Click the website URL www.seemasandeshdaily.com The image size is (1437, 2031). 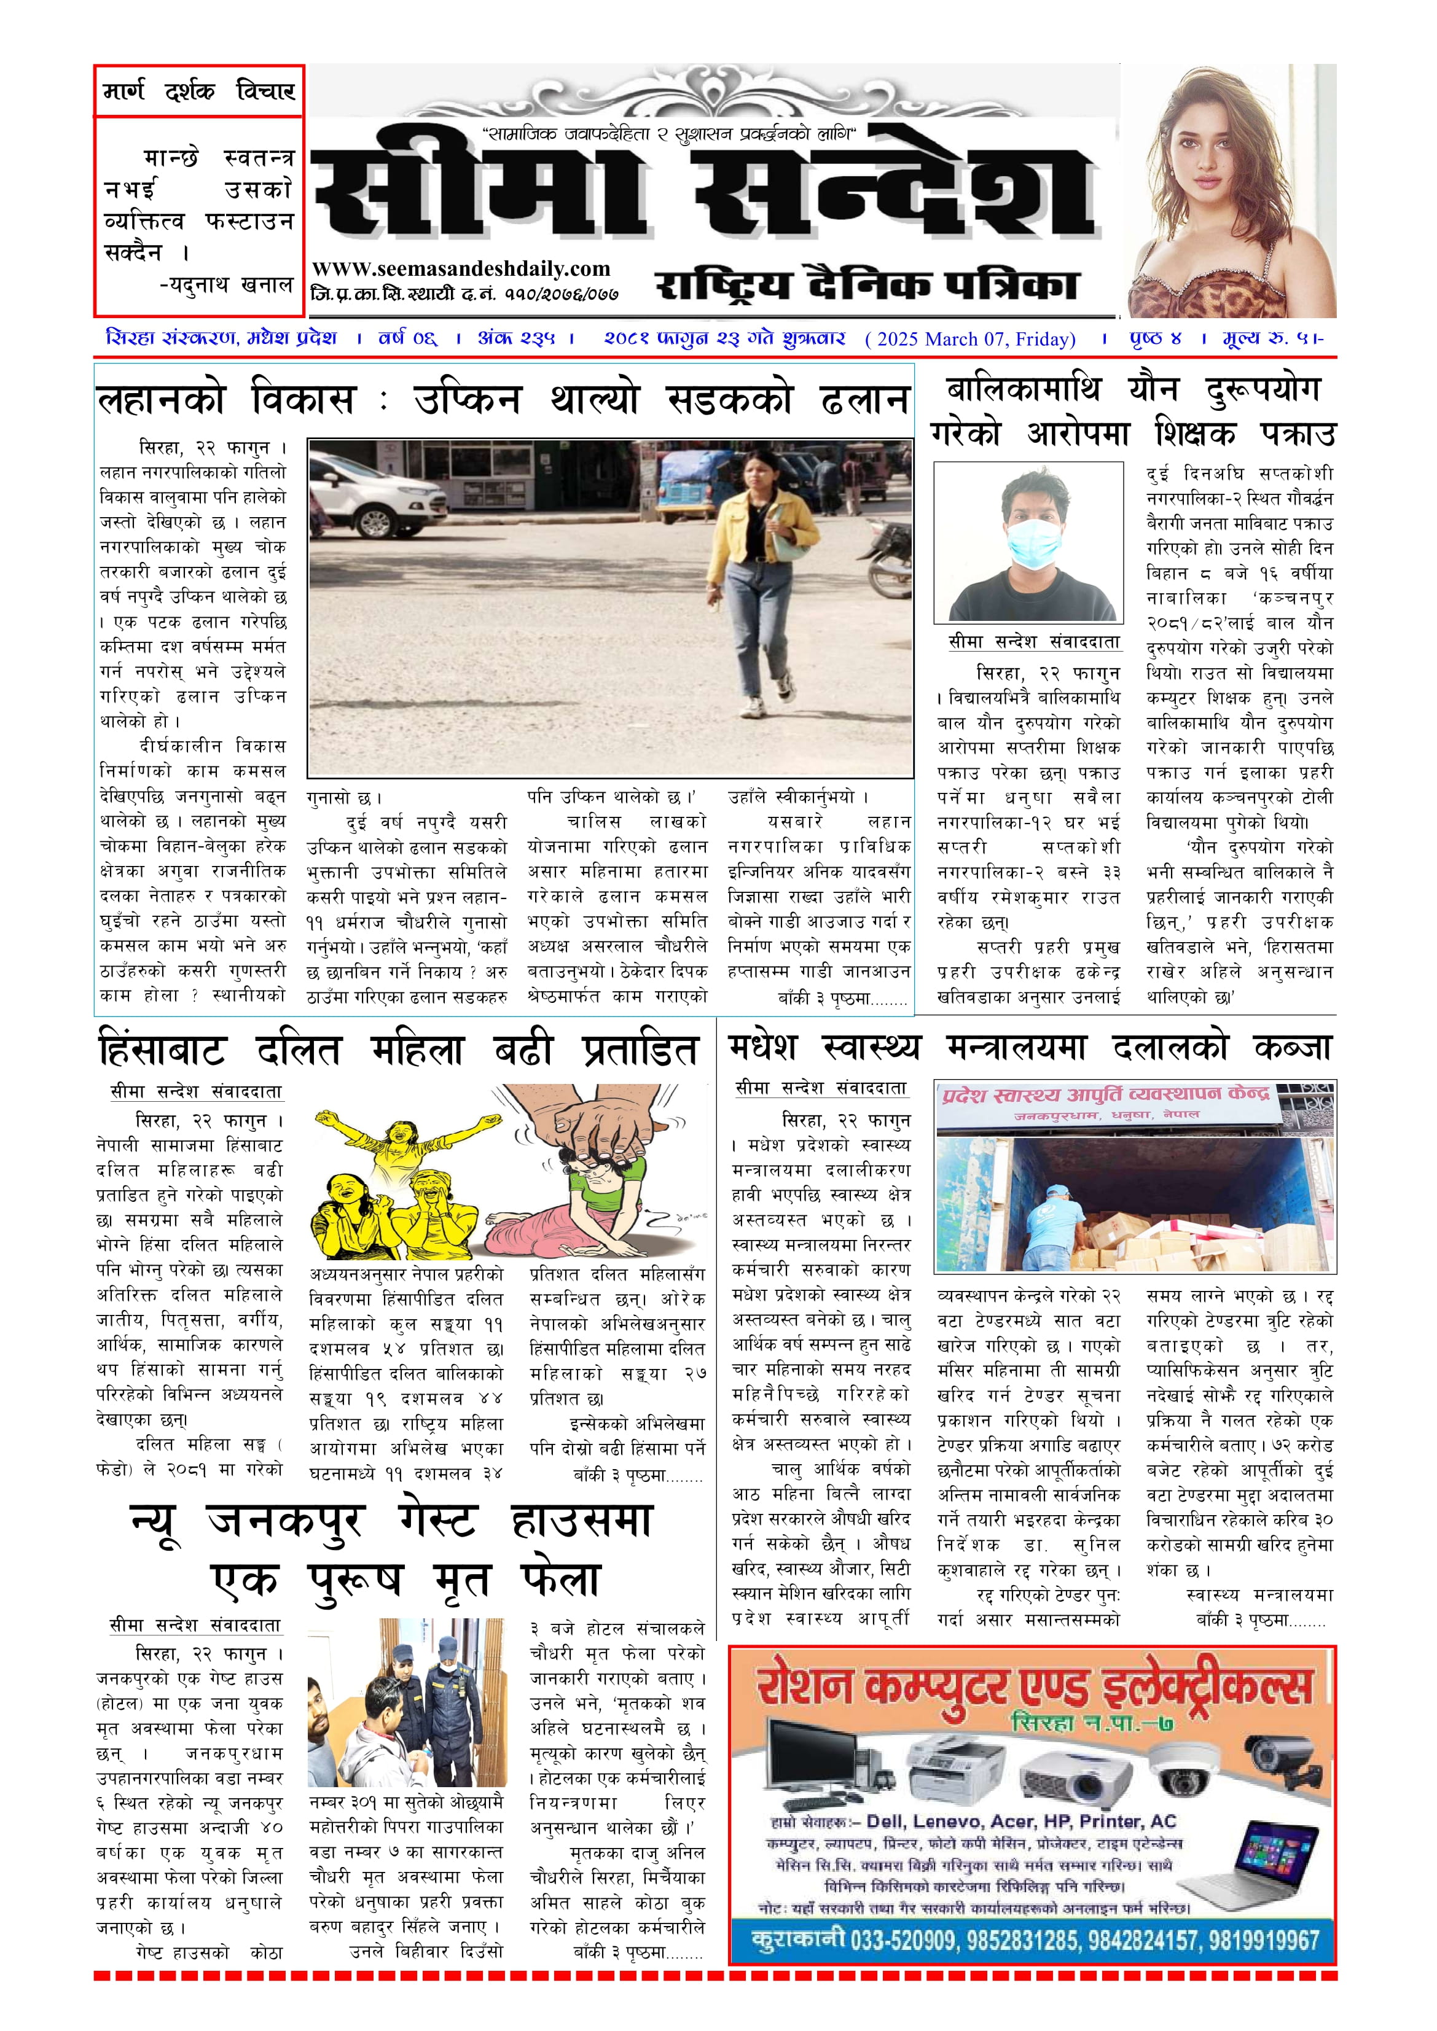pyautogui.click(x=461, y=269)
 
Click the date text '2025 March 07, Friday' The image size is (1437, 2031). pyautogui.click(x=971, y=339)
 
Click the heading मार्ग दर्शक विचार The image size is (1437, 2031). pyautogui.click(x=199, y=90)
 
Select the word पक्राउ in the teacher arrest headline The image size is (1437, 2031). pyautogui.click(x=1297, y=434)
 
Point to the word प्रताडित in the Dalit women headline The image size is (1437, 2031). pyautogui.click(x=640, y=1051)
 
